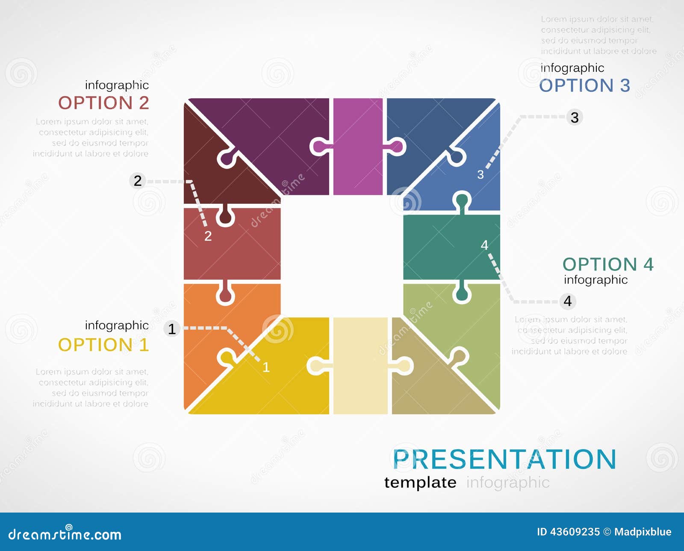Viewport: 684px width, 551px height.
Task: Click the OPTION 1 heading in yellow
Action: click(x=103, y=345)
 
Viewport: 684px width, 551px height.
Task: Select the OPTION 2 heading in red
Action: click(x=103, y=103)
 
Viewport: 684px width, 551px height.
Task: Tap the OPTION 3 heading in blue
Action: click(x=584, y=85)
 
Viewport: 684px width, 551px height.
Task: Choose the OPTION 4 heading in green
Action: click(x=607, y=264)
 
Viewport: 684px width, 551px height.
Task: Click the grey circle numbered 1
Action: click(x=172, y=329)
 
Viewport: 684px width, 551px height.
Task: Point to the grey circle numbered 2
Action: click(x=137, y=181)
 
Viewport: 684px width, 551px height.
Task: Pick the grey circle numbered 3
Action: click(x=575, y=117)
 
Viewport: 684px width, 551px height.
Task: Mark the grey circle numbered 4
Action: click(x=568, y=301)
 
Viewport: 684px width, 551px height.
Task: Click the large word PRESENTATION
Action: click(x=504, y=459)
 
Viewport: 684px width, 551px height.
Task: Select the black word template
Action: click(x=420, y=482)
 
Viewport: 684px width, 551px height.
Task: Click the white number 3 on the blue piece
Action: click(x=481, y=175)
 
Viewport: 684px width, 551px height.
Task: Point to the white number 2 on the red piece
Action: click(x=208, y=236)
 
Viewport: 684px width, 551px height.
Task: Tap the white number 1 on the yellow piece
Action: click(x=266, y=367)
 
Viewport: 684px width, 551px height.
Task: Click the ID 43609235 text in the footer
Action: click(x=568, y=532)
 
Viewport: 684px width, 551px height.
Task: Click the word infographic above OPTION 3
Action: click(x=572, y=68)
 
